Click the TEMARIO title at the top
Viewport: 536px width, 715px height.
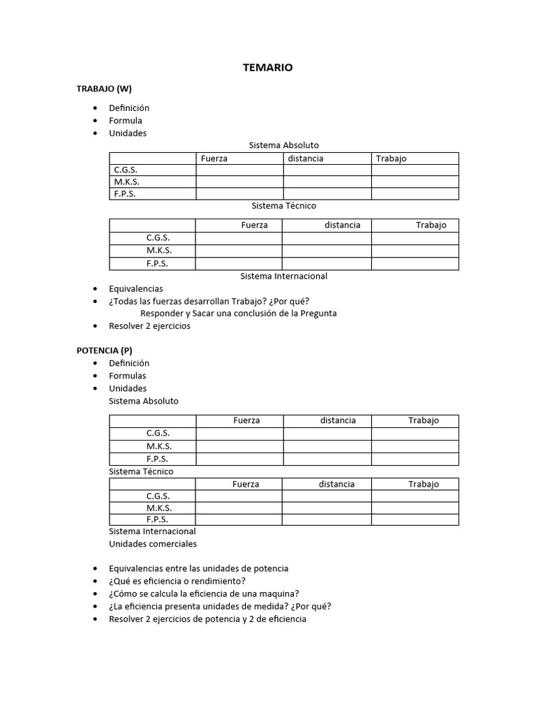268,68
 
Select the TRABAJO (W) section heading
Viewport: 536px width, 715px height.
104,89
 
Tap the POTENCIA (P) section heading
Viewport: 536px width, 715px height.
104,351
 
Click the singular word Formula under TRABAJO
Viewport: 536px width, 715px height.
126,121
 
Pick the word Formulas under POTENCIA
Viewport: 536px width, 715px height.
128,376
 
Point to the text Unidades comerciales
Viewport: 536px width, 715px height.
153,544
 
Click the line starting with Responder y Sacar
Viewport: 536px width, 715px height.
239,314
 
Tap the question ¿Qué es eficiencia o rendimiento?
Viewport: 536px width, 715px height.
177,581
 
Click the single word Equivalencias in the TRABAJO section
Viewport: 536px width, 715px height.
136,288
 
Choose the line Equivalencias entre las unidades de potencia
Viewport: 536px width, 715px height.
199,568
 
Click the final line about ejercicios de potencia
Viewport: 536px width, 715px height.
207,619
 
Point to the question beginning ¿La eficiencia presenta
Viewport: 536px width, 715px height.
220,606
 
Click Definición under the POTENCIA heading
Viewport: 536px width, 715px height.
129,363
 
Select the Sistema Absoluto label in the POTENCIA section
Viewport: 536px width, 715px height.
144,401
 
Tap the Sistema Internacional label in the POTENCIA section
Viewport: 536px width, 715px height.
152,531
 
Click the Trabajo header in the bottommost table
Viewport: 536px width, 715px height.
424,484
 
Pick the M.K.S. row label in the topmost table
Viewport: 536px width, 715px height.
126,182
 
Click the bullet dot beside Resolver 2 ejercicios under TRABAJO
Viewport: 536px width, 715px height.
95,326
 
